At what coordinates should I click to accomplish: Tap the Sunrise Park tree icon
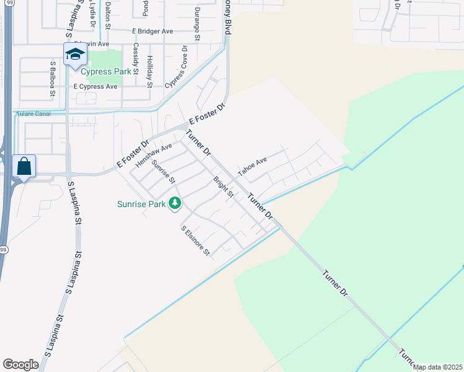click(x=176, y=203)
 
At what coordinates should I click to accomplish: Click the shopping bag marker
click(x=24, y=166)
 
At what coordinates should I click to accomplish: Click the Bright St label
click(x=223, y=188)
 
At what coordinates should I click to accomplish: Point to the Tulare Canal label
click(x=30, y=113)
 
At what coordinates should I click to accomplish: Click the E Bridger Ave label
click(x=152, y=30)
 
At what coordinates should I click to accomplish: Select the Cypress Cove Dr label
click(x=176, y=67)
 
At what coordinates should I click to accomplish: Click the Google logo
click(x=20, y=365)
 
